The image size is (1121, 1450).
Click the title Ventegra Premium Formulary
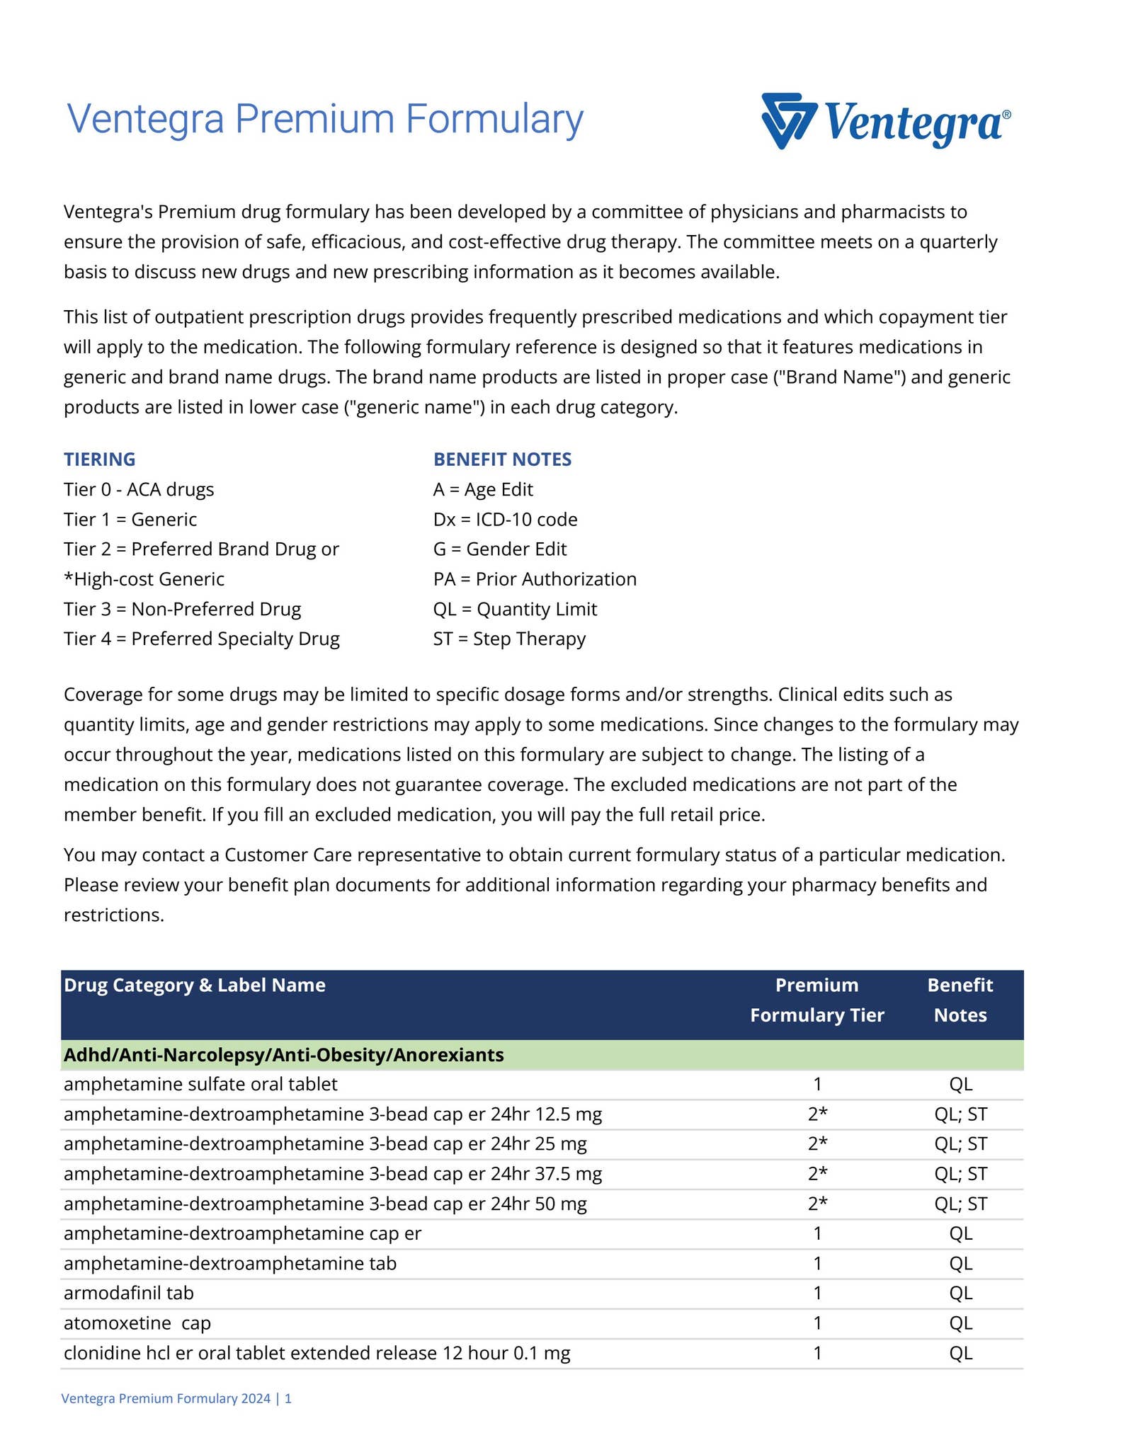pos(324,119)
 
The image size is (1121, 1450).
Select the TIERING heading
pos(100,459)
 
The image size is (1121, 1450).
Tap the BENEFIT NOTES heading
pos(502,459)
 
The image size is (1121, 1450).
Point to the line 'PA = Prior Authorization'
pos(535,579)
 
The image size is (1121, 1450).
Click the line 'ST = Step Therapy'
pos(509,639)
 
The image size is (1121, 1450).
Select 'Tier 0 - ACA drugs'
pos(139,489)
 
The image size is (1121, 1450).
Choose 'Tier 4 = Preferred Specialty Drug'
pos(202,639)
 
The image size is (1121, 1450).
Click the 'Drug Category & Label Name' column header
pos(195,985)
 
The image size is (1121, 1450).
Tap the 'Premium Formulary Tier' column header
pos(817,1000)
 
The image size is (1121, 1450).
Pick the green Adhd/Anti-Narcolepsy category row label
pos(284,1055)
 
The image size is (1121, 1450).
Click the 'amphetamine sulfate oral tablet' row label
pos(200,1084)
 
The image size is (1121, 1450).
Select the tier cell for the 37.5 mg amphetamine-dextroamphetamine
pos(817,1174)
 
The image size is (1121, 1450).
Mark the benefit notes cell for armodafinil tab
pos(960,1294)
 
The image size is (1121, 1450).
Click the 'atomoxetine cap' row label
pos(137,1323)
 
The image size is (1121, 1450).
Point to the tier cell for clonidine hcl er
pos(817,1353)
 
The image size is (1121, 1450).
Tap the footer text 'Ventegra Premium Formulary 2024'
pos(166,1398)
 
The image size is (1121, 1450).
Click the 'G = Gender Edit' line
pos(500,549)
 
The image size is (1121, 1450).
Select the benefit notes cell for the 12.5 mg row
pos(960,1114)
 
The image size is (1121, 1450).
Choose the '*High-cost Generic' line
pos(144,579)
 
